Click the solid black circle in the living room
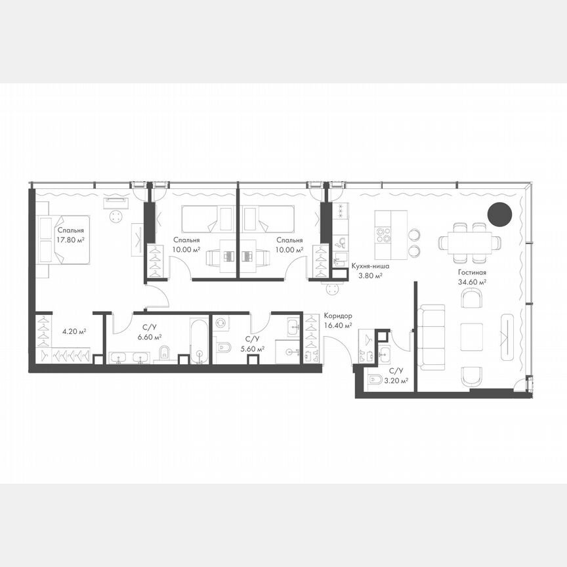point(499,214)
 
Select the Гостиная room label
point(472,272)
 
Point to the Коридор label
point(337,315)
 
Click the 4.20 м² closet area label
point(74,331)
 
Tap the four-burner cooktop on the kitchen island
point(383,234)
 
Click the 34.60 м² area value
point(472,282)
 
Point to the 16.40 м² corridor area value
point(339,324)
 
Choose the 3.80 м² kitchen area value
point(370,276)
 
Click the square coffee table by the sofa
point(471,336)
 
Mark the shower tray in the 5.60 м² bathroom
point(286,350)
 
